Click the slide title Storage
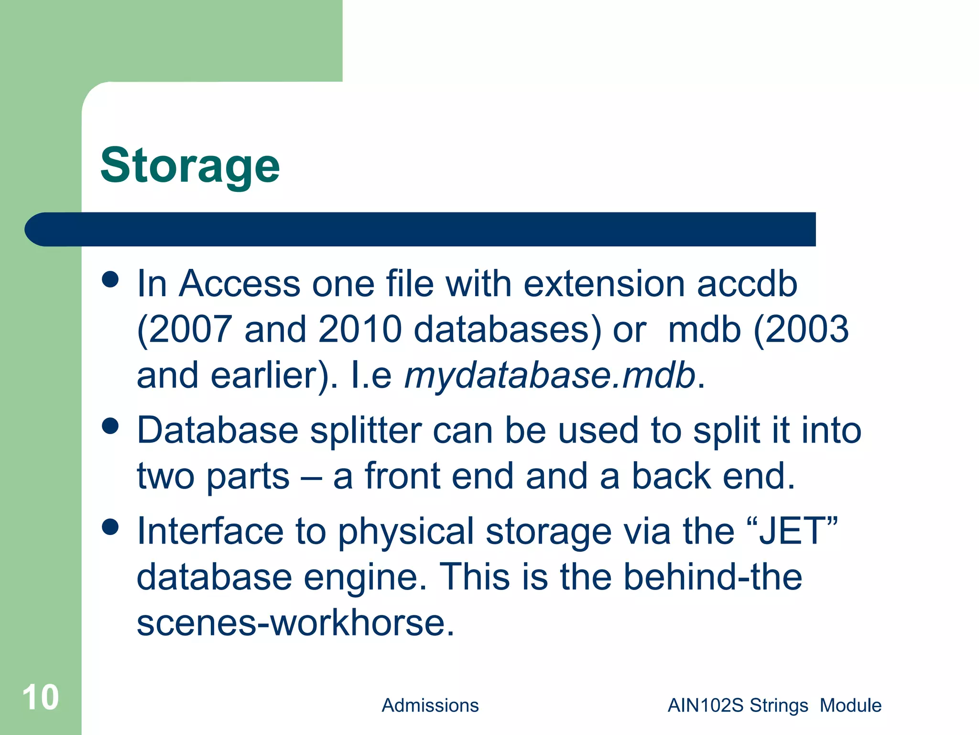pyautogui.click(x=190, y=166)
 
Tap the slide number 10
pyautogui.click(x=41, y=697)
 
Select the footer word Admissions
pyautogui.click(x=430, y=705)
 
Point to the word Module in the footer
pyautogui.click(x=850, y=705)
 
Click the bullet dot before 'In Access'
pyautogui.click(x=110, y=279)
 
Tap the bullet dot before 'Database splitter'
pyautogui.click(x=110, y=426)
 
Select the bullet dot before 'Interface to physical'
pyautogui.click(x=110, y=527)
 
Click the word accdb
pyautogui.click(x=747, y=284)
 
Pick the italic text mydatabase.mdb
pyautogui.click(x=550, y=376)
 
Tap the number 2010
pyautogui.click(x=360, y=330)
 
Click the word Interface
pyautogui.click(x=210, y=531)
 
